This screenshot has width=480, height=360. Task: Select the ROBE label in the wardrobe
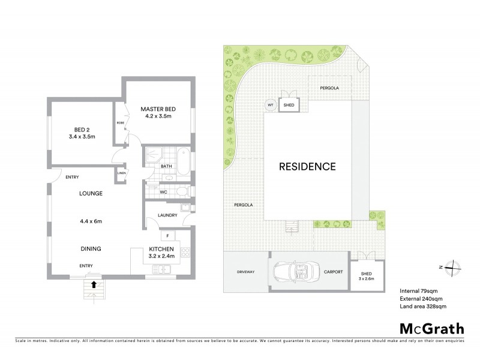tap(119, 122)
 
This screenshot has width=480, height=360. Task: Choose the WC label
tap(163, 192)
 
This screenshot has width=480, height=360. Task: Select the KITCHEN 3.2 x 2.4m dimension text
tap(161, 253)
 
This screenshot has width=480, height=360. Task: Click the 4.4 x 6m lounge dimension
tap(91, 221)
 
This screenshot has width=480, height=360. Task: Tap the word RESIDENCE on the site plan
tap(307, 167)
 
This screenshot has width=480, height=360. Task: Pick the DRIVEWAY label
tap(245, 272)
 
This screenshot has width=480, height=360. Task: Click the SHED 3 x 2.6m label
tap(366, 275)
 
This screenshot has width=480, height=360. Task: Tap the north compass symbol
tap(454, 268)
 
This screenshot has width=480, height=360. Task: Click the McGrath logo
tap(431, 328)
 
